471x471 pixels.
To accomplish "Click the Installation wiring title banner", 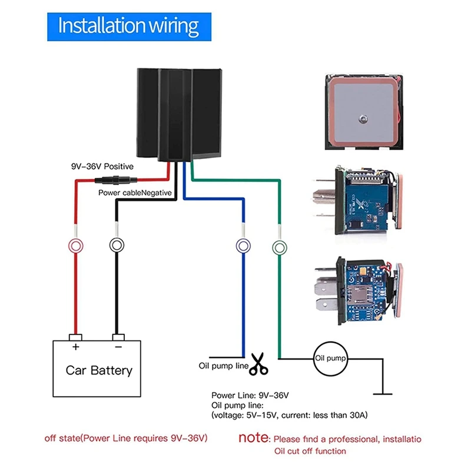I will point(128,26).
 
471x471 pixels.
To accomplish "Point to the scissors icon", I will point(258,364).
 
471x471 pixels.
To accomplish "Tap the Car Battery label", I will point(99,370).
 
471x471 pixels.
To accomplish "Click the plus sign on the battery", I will point(75,347).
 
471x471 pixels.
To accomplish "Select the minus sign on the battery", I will point(118,347).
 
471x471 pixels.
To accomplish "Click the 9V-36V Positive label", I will point(102,167).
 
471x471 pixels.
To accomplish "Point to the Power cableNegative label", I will point(134,193).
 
